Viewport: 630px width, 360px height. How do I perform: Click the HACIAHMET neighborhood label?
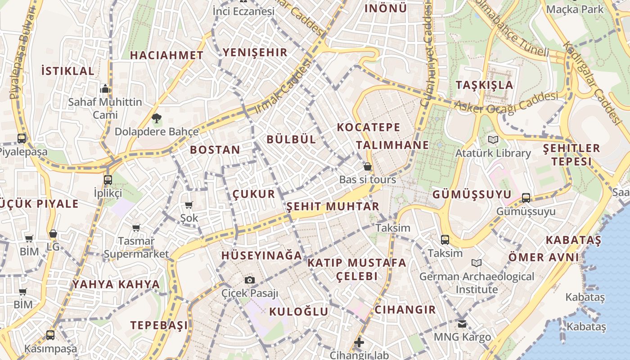point(166,55)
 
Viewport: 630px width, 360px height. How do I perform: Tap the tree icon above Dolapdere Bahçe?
point(156,119)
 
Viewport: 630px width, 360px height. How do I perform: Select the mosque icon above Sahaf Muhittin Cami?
point(105,89)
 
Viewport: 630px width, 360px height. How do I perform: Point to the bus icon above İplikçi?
point(108,180)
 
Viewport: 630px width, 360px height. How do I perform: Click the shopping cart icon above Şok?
point(189,205)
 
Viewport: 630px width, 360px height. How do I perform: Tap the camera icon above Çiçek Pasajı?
point(250,280)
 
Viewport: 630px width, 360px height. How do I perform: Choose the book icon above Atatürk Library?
point(493,140)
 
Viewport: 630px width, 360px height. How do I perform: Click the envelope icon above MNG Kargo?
point(462,324)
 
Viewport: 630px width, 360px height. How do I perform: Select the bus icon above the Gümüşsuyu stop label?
point(526,198)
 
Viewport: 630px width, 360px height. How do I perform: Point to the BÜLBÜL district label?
point(291,139)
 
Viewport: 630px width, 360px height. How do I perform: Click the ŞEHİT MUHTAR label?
point(333,207)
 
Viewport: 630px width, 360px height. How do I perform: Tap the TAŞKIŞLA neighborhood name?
point(484,85)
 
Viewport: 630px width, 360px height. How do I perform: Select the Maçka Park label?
point(574,9)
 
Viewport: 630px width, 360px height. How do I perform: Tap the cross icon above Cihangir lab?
point(359,343)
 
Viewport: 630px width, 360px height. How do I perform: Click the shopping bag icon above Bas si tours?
point(368,167)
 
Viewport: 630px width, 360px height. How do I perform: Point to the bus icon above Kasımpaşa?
point(50,335)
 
